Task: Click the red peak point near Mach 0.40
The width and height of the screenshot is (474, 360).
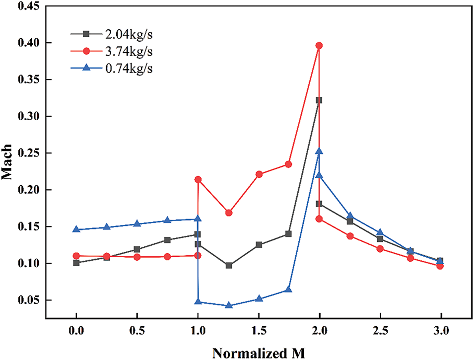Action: point(319,46)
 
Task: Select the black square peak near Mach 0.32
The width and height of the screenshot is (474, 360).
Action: point(319,100)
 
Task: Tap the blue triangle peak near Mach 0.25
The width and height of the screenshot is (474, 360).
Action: point(319,151)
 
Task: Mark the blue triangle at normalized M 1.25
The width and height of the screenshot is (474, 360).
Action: point(229,305)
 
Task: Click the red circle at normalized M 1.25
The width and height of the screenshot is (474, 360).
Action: point(229,213)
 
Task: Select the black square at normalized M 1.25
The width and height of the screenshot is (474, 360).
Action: point(229,266)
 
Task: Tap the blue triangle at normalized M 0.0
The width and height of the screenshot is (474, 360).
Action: point(76,229)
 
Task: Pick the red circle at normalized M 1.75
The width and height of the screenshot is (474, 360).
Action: point(288,164)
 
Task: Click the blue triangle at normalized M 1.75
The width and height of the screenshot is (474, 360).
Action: point(288,289)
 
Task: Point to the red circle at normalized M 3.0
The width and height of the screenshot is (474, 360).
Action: point(440,266)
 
